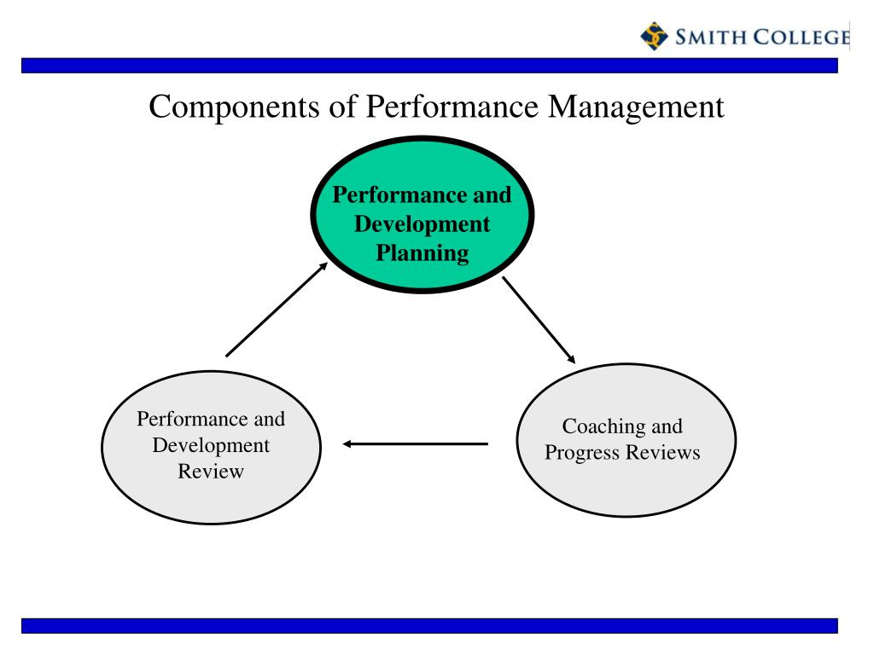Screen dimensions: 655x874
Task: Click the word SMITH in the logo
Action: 704,37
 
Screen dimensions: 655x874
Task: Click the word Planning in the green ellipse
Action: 422,253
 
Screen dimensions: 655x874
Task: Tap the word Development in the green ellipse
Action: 422,224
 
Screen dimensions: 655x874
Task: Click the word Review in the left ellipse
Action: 211,471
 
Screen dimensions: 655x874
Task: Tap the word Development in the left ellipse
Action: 211,445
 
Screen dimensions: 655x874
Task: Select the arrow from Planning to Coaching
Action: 539,320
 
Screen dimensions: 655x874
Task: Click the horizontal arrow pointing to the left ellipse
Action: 416,443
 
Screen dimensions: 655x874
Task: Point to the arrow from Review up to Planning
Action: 276,309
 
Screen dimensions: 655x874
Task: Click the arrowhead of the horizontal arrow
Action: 348,443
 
